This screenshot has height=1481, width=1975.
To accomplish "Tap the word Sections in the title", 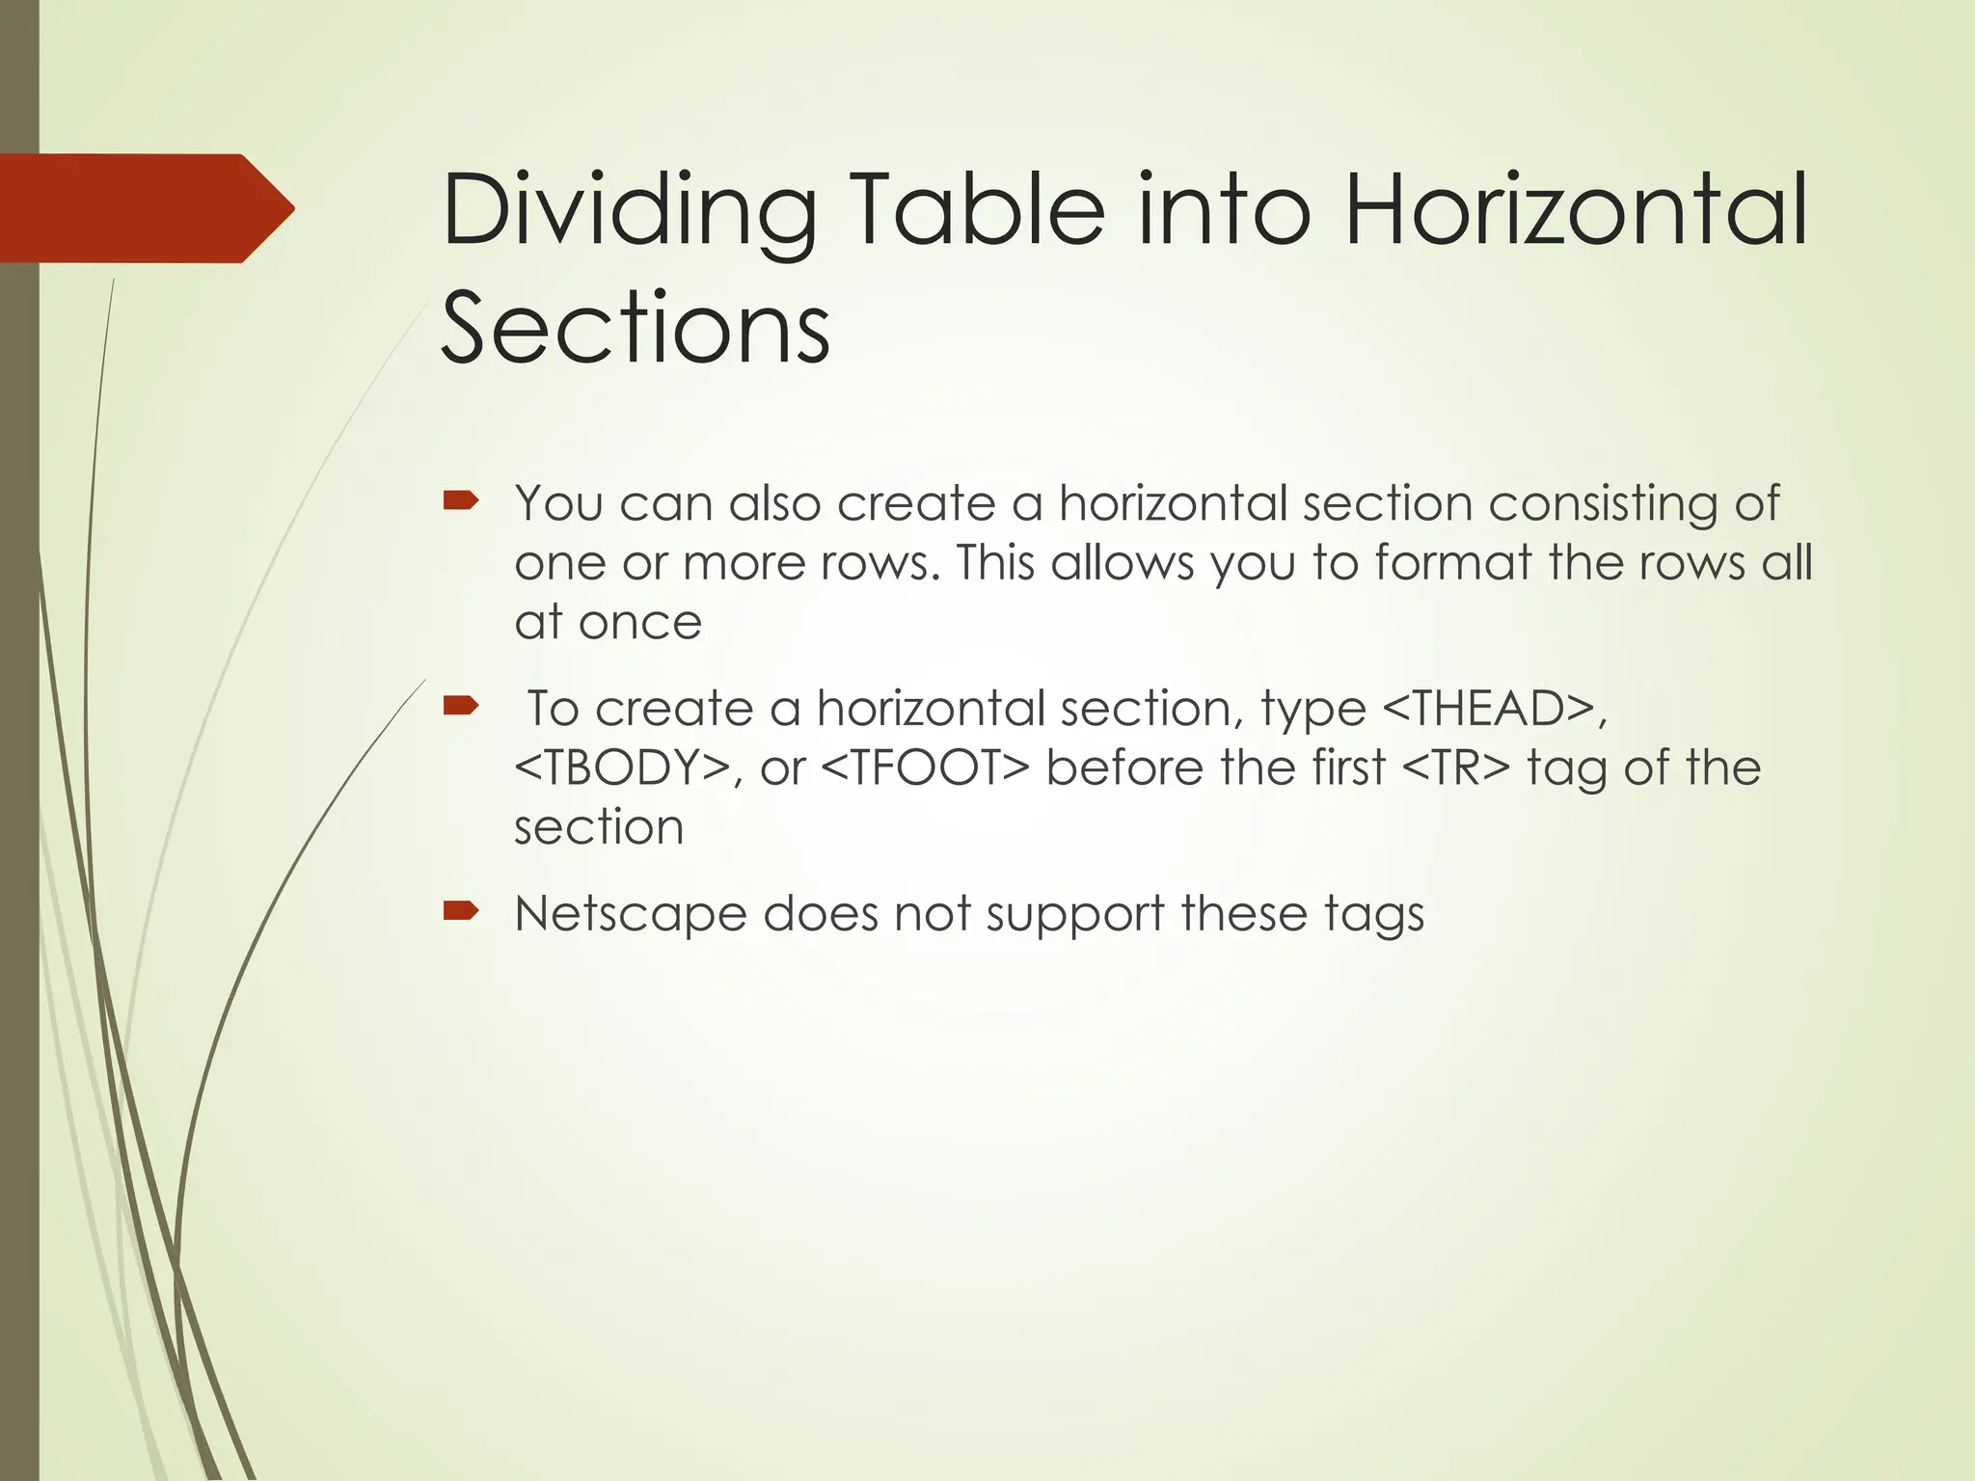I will tap(636, 328).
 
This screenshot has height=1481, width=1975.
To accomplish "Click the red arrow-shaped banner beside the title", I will tap(145, 208).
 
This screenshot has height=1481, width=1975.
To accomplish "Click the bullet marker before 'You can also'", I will tap(461, 500).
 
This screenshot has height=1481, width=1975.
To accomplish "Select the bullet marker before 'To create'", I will tap(461, 707).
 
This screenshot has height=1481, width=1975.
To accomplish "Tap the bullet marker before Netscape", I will tap(461, 911).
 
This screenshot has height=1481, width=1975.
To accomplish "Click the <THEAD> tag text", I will tap(1489, 709).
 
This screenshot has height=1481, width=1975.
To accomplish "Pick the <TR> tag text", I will tap(1455, 768).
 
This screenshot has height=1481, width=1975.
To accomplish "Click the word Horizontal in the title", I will tap(1575, 208).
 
